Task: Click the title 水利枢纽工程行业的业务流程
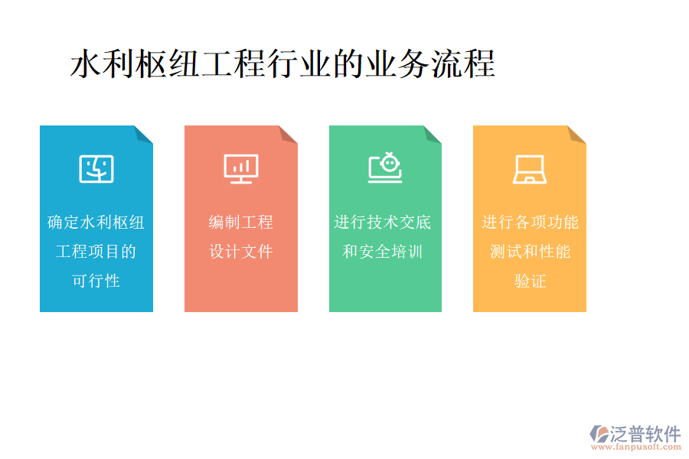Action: pos(282,64)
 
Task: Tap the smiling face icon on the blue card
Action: pos(96,168)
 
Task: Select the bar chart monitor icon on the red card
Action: pos(241,168)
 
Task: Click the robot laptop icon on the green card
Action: pos(385,168)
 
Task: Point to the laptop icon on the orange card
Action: pos(529,169)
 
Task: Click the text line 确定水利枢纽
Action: pos(96,223)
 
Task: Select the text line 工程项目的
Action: pos(96,252)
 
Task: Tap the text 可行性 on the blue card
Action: pos(96,281)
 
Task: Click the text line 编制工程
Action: pos(241,223)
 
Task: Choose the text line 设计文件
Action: pos(241,252)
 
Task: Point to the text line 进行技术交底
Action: pos(383,223)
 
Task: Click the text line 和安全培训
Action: pos(383,252)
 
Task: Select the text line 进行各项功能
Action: pos(530,223)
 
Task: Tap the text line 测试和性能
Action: pos(530,252)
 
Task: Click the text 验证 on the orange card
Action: pos(530,281)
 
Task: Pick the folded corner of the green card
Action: pos(432,135)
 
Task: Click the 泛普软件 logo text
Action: pos(645,434)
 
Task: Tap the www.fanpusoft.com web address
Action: pos(639,449)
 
